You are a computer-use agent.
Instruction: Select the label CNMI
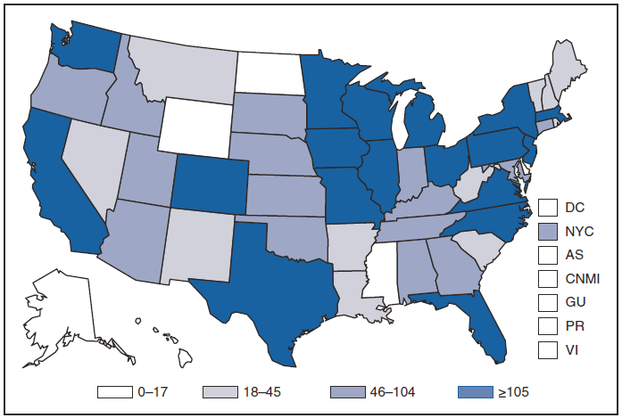pos(581,279)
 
